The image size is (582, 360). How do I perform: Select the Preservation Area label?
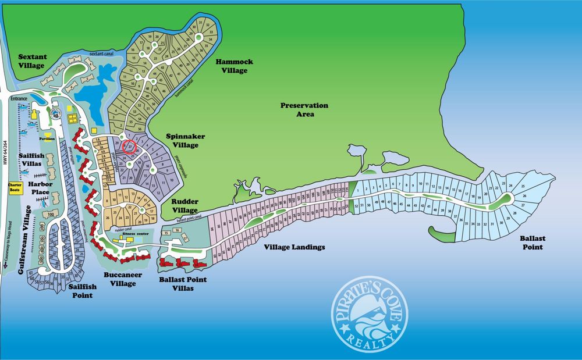[x=304, y=110]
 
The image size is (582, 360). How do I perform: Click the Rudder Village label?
[x=186, y=206]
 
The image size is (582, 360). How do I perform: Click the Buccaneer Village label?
[x=122, y=280]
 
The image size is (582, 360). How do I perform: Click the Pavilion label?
[x=47, y=139]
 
